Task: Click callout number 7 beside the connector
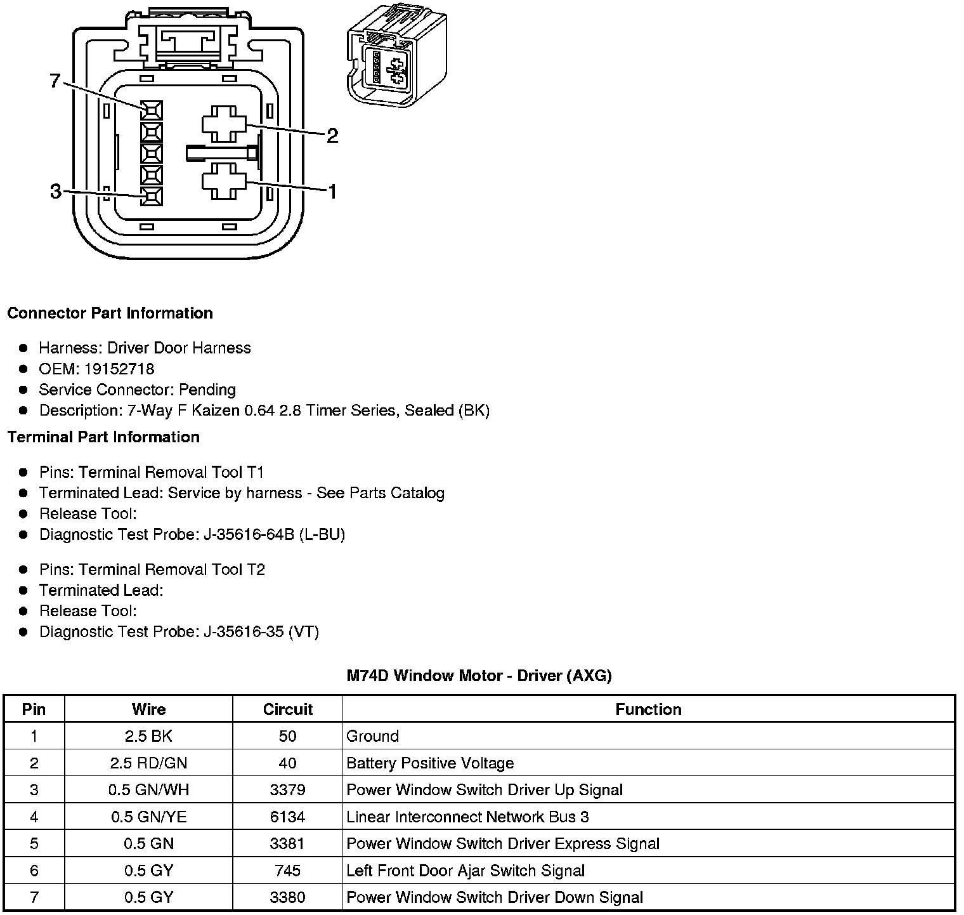55,81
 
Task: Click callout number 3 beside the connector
56,191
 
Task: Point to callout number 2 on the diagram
332,135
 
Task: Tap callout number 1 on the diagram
332,191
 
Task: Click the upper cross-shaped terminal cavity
224,124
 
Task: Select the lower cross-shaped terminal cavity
224,181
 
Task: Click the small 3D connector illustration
397,56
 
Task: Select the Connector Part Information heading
110,313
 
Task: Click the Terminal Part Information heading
103,437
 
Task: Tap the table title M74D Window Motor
479,676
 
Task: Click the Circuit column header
287,709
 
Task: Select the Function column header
648,709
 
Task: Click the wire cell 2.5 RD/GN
148,763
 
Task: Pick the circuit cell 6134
287,817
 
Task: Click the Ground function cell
373,736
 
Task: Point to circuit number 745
287,871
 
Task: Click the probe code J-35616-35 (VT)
261,632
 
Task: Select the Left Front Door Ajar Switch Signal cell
466,871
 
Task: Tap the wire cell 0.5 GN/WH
148,790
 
